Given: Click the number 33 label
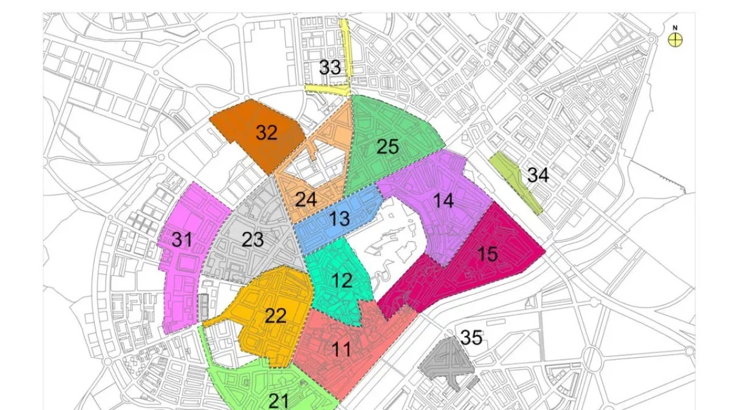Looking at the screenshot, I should [330, 67].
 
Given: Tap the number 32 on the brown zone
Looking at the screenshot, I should [266, 132].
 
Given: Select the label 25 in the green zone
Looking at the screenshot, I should [387, 146].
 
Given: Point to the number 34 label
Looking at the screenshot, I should [538, 176].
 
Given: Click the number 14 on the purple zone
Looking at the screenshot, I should [443, 200].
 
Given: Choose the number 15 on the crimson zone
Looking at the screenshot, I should [487, 254].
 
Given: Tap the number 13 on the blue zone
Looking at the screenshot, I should [340, 219].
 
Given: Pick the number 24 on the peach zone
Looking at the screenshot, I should [306, 199].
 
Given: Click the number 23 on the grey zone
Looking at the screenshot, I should [252, 239].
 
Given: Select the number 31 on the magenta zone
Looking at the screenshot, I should [182, 240].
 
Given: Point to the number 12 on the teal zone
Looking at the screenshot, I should [342, 281].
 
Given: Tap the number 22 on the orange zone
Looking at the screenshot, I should [275, 316].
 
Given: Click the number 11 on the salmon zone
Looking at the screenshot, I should [341, 349].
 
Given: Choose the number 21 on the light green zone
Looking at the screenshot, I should [279, 400].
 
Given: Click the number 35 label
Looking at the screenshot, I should [471, 337].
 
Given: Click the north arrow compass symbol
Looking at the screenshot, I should [675, 40].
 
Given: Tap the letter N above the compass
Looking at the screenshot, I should [675, 28].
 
